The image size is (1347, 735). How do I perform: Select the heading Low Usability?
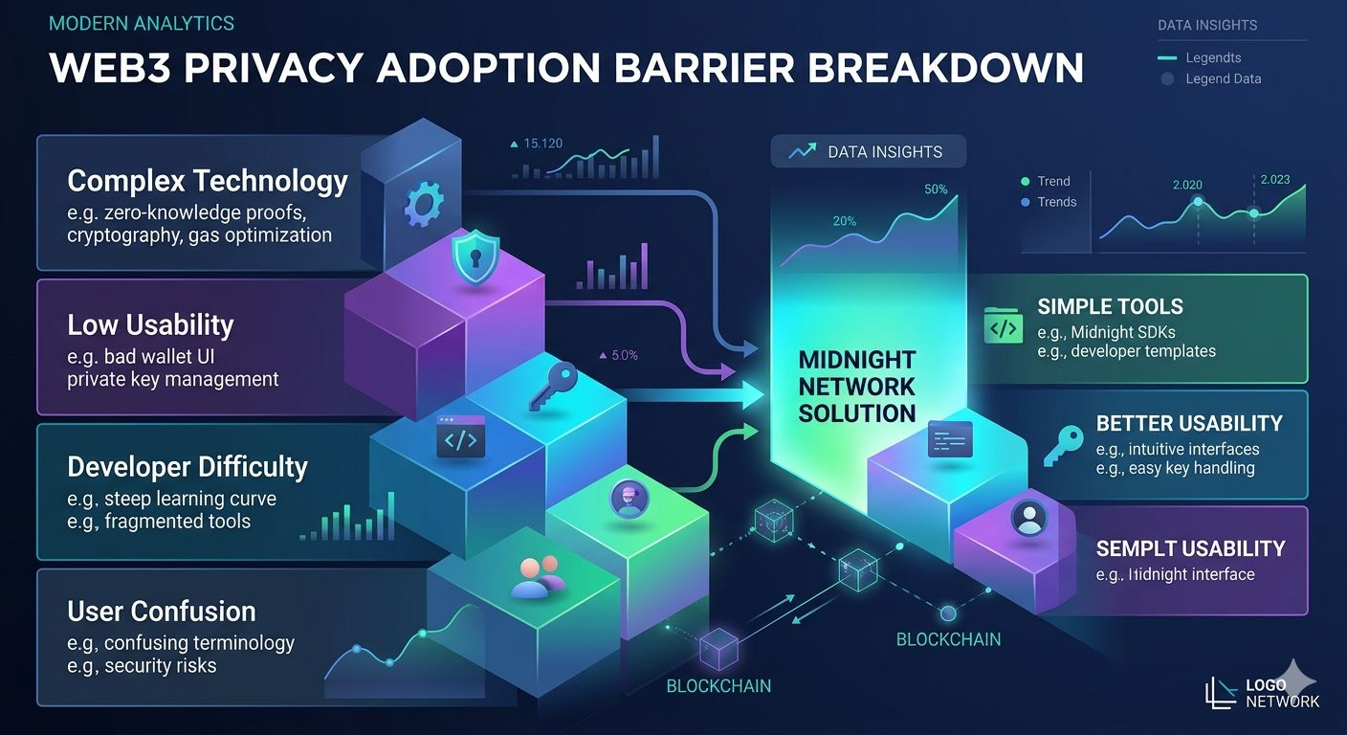tap(150, 324)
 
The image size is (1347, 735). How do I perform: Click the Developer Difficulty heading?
tap(188, 467)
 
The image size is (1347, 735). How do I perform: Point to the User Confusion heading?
tap(162, 611)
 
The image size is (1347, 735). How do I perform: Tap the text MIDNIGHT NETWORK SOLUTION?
tap(857, 387)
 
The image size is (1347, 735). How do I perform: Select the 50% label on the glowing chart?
tap(936, 189)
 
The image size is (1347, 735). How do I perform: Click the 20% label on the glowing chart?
tap(844, 221)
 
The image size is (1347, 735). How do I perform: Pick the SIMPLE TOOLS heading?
tap(1110, 307)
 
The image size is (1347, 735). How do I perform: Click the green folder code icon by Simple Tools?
tap(1003, 326)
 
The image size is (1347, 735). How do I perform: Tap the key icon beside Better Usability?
tap(1062, 446)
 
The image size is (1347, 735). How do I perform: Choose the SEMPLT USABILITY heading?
tap(1190, 548)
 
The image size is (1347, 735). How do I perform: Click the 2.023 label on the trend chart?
tap(1274, 179)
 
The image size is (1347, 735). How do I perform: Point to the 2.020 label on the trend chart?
tap(1186, 185)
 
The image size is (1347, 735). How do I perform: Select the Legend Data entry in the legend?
tap(1223, 78)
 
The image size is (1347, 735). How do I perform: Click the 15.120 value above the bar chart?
tap(542, 144)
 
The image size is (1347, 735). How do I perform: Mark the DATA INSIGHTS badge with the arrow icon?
tap(868, 151)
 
